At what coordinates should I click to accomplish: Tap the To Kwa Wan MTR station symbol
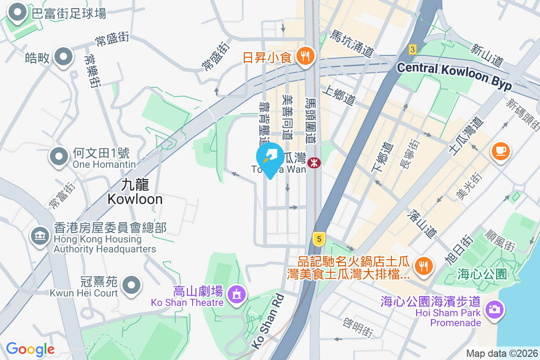coord(314,162)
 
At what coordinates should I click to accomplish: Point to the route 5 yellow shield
coord(319,239)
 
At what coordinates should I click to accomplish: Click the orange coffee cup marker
coord(500,151)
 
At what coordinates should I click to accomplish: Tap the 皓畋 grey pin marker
coord(63,57)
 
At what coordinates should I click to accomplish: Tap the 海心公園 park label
coord(482,274)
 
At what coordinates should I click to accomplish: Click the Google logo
coord(30,349)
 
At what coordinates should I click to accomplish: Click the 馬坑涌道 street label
coord(351,44)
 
